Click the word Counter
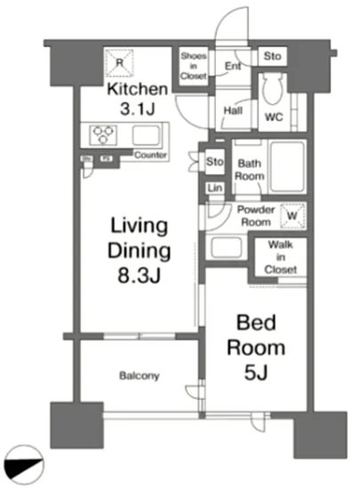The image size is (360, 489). tap(152, 156)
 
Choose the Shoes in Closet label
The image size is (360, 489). tap(194, 68)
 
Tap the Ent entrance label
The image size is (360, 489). tap(232, 66)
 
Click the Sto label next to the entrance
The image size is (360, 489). tap(272, 57)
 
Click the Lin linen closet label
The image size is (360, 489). tap(214, 188)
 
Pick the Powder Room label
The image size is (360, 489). tap(254, 215)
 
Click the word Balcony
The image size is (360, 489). tap(140, 376)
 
